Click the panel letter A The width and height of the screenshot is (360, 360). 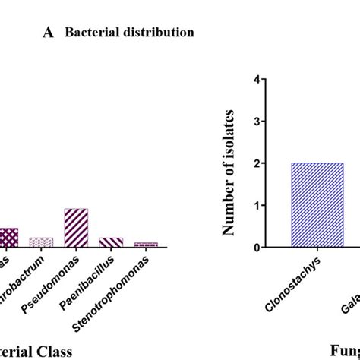pyautogui.click(x=49, y=33)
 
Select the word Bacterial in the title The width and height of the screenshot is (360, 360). pyautogui.click(x=89, y=33)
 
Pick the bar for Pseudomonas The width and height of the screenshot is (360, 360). pyautogui.click(x=76, y=227)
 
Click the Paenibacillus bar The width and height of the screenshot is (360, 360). pyautogui.click(x=111, y=242)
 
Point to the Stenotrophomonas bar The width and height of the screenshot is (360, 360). pyautogui.click(x=146, y=244)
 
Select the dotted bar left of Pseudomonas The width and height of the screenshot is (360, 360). pyautogui.click(x=41, y=242)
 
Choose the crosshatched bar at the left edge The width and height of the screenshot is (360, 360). pyautogui.click(x=8, y=237)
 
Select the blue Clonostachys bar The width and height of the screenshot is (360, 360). pyautogui.click(x=317, y=205)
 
